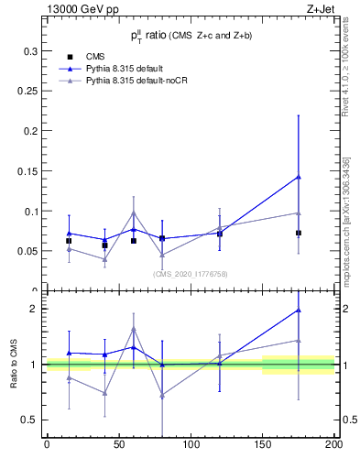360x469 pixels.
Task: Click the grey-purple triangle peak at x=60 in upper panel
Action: [134, 213]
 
